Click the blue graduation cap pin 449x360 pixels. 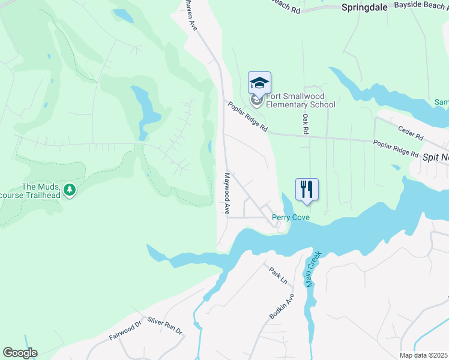click(x=259, y=83)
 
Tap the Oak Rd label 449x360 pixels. click(x=306, y=124)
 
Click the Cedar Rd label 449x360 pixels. click(x=411, y=129)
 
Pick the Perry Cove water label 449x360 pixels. click(x=291, y=217)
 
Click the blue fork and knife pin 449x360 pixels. click(x=307, y=189)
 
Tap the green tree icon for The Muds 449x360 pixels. click(x=70, y=190)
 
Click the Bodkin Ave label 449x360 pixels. click(x=282, y=307)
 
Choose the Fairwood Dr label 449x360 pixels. click(x=124, y=331)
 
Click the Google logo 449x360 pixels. click(x=20, y=353)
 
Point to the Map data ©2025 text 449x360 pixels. click(x=423, y=355)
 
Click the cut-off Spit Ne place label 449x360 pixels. click(x=436, y=157)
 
